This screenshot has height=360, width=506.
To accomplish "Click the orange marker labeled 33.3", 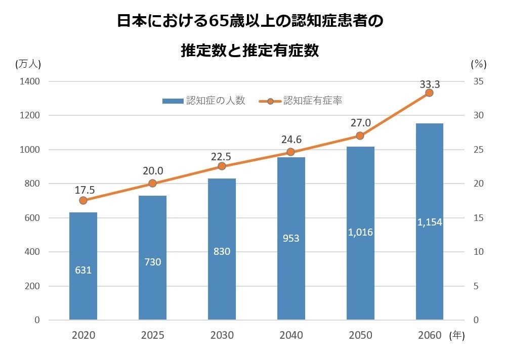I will [429, 93].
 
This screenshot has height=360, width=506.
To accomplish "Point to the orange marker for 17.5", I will [83, 200].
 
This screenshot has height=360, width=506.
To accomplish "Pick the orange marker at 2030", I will [222, 166].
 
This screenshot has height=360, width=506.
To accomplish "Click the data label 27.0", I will [360, 123].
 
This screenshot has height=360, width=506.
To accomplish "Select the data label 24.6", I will [291, 139].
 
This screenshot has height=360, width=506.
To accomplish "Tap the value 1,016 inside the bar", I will [360, 232].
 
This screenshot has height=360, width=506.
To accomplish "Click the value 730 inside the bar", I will [152, 261].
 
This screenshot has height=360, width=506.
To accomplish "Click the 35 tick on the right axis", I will [478, 81].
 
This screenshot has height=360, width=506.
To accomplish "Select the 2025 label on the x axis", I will [152, 335].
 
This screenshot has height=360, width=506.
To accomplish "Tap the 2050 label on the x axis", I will [360, 335].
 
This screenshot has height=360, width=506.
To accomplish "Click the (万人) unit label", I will [28, 64].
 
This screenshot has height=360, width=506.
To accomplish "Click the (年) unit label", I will [457, 335].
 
